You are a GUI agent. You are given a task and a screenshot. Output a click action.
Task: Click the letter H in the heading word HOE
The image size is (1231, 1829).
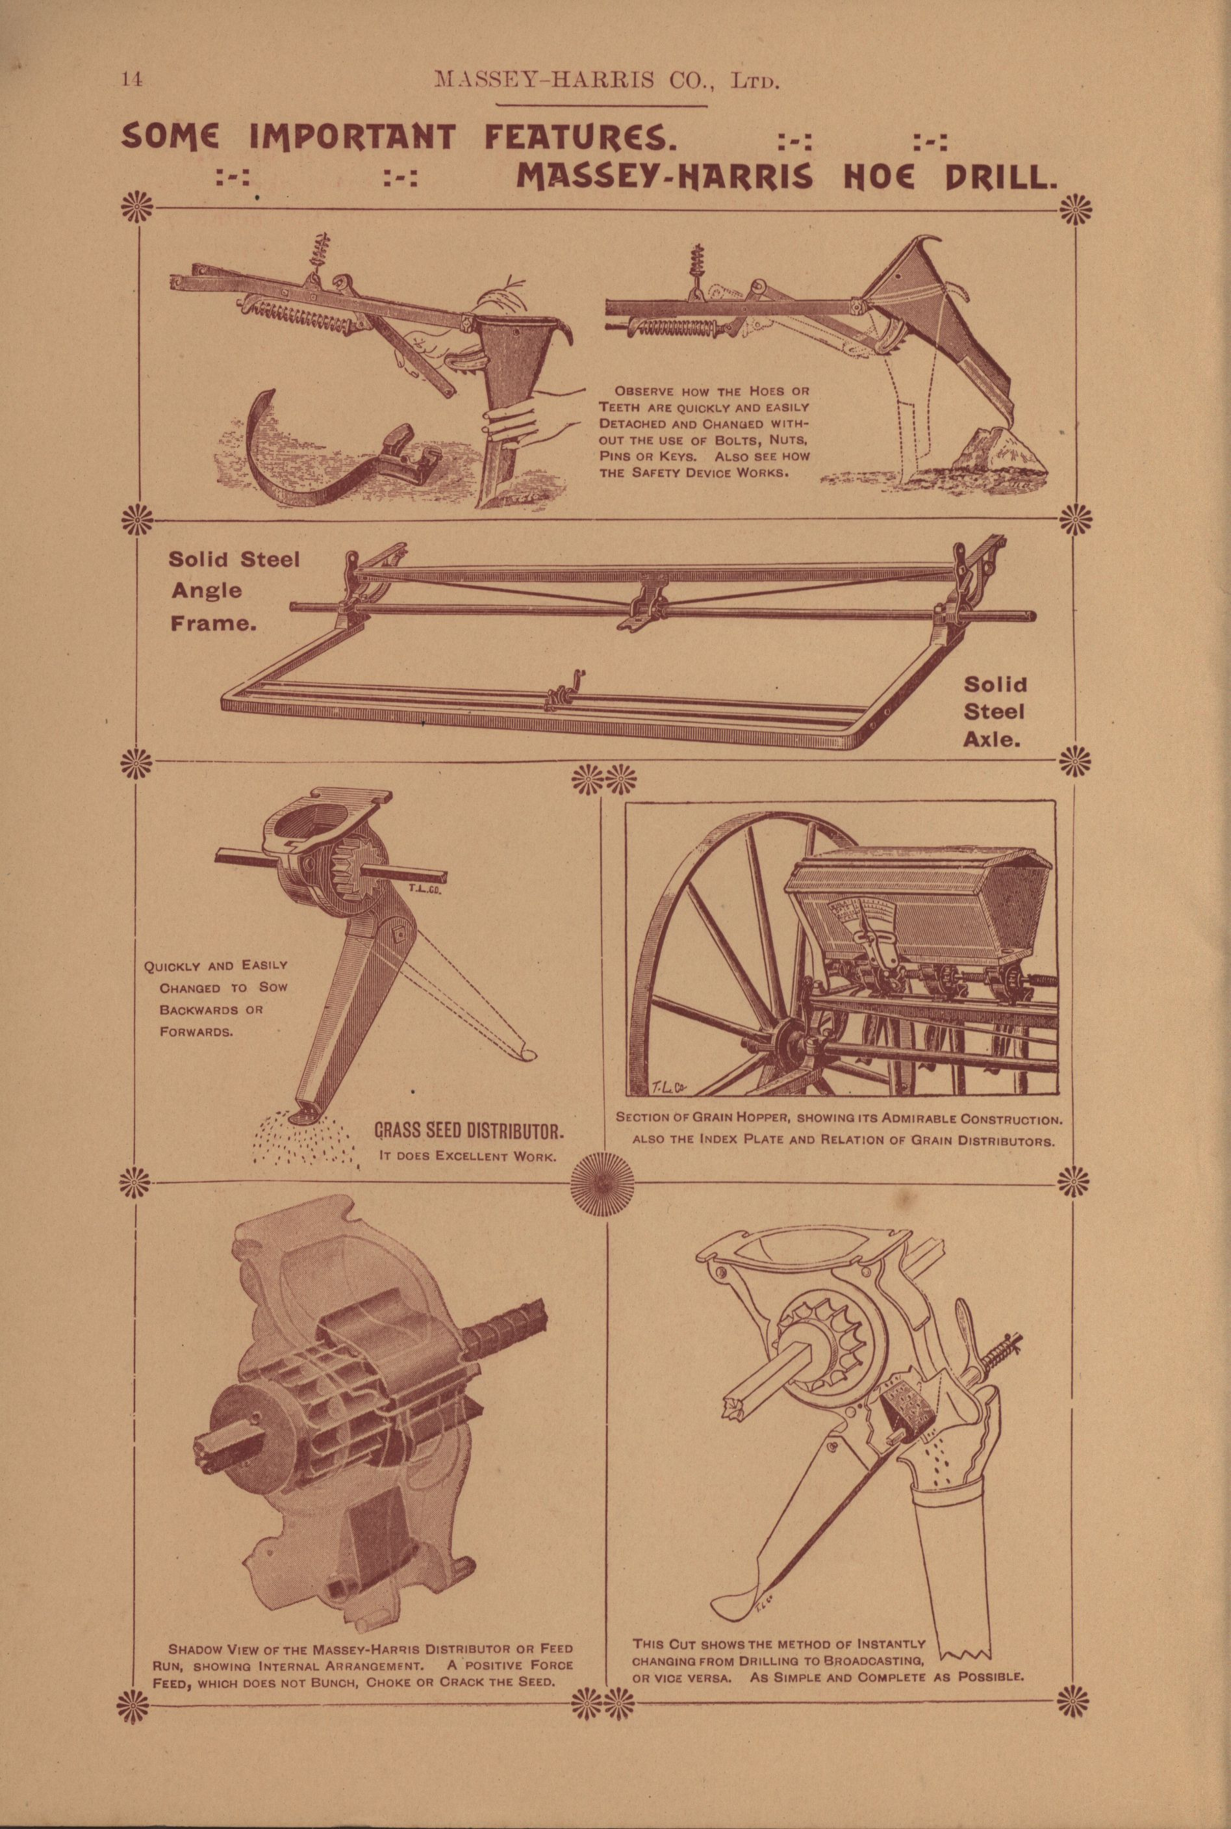click(x=855, y=177)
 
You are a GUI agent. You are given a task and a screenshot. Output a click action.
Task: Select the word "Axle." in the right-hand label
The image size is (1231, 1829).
click(x=995, y=740)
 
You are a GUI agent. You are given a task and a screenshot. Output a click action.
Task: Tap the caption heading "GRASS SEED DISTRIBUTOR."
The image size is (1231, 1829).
click(x=469, y=1132)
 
